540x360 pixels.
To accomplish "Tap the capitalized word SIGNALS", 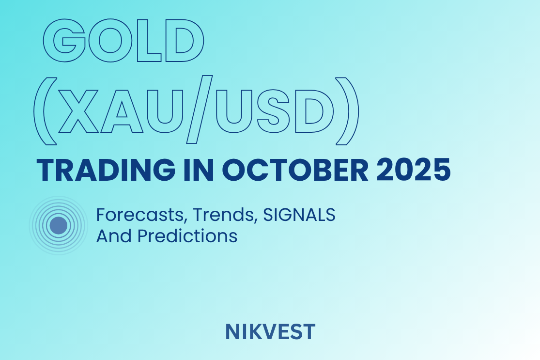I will point(299,215).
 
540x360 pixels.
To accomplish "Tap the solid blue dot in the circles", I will point(59,225).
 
